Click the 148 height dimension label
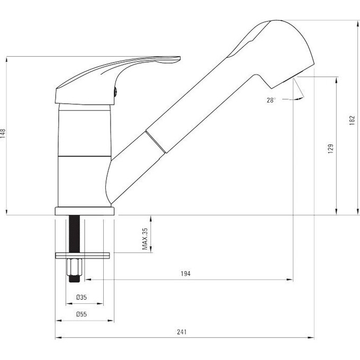(x=3, y=133)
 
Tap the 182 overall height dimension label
(x=352, y=120)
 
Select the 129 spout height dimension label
(x=331, y=149)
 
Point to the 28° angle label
(x=271, y=100)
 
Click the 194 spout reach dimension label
(x=185, y=274)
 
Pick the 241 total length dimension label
(x=182, y=332)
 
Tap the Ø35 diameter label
(x=82, y=298)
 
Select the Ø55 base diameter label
(x=82, y=314)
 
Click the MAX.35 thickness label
(x=145, y=239)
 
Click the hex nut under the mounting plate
(x=75, y=267)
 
